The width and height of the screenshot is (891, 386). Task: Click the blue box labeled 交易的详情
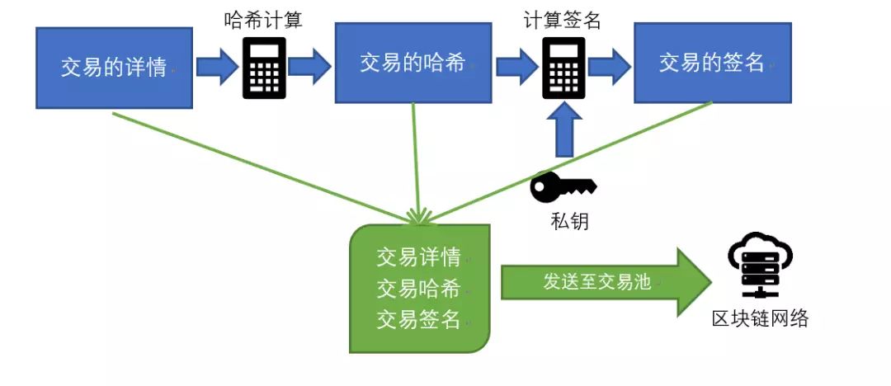coord(114,68)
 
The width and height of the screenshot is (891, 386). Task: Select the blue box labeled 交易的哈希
coord(412,64)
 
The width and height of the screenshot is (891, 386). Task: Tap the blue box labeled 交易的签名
coord(712,64)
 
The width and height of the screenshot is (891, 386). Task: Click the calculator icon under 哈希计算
coord(264,68)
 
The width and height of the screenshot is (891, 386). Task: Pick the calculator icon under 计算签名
coord(563,68)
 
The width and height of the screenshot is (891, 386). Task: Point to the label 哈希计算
coord(263,21)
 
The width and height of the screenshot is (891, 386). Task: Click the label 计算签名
coord(562,21)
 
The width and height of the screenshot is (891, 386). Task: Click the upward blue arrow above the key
coord(563,134)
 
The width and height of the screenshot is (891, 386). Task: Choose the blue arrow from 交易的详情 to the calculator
coord(217,68)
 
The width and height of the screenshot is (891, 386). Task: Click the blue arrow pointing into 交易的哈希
coord(310,68)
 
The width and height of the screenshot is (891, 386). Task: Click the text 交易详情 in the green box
coord(418,257)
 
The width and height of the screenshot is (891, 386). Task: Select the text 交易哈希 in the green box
coord(418,289)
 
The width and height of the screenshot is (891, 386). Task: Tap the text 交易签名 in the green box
coord(418,319)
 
